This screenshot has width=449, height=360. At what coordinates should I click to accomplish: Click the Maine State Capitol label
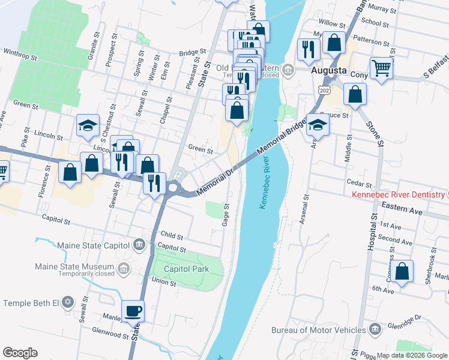[93, 245]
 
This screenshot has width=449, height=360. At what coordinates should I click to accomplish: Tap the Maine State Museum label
[74, 266]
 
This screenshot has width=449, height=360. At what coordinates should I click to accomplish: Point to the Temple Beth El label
[33, 302]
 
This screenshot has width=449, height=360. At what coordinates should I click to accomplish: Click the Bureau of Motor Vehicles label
[318, 330]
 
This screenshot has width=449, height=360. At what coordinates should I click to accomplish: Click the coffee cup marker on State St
[133, 311]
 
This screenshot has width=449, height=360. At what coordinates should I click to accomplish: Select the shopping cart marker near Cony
[381, 68]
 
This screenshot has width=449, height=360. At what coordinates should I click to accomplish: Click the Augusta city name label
[329, 70]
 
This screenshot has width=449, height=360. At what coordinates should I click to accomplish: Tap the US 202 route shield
[324, 89]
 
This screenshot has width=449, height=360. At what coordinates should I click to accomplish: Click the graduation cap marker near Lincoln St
[88, 125]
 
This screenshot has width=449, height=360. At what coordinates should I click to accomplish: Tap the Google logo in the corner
[20, 353]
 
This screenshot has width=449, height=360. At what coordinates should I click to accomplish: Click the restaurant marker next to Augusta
[307, 49]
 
